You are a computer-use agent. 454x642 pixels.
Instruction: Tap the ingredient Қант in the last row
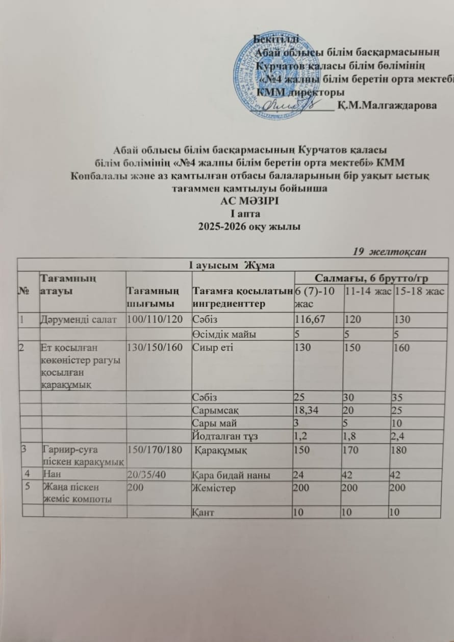pos(203,512)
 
